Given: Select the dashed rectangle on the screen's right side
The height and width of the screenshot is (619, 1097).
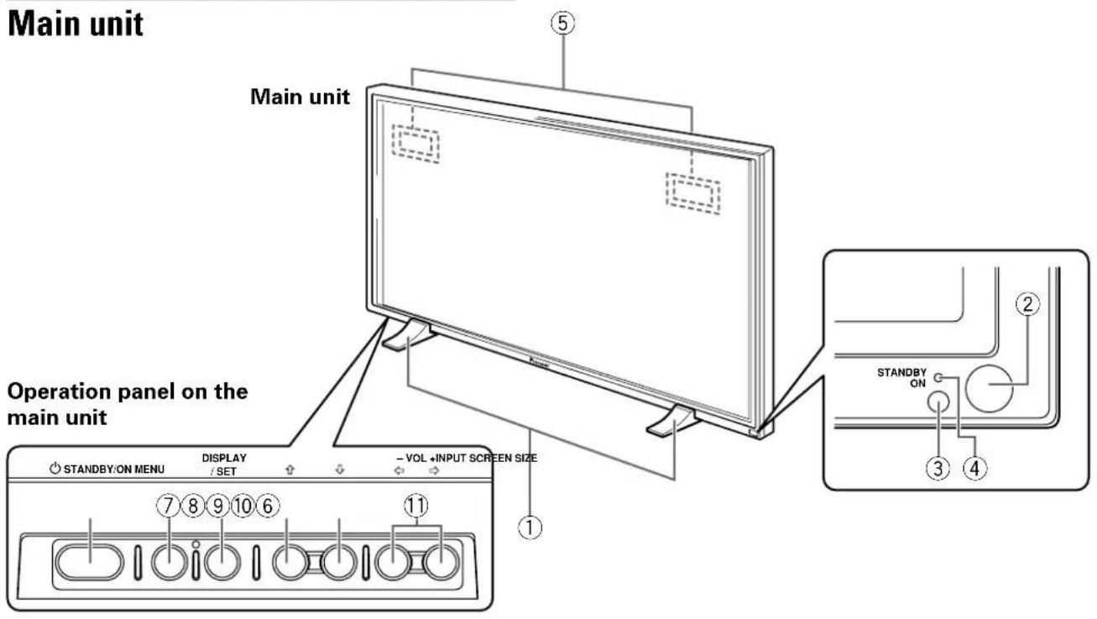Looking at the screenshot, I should tap(692, 194).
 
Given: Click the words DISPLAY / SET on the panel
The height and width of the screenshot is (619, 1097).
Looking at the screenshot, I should tap(223, 464).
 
